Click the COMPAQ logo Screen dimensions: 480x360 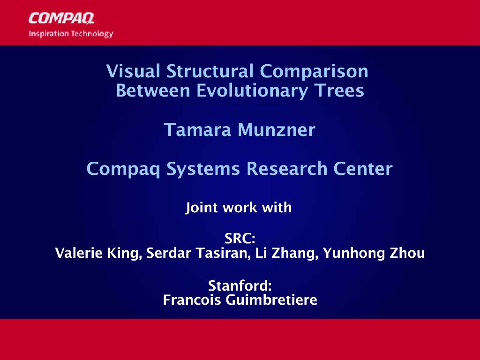point(61,18)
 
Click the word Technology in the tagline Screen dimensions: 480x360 point(92,34)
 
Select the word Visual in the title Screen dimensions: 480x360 point(133,71)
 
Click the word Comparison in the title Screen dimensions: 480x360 point(314,72)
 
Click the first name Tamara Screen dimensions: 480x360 point(197,130)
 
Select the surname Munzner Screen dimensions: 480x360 point(277,130)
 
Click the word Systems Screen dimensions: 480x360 point(203,169)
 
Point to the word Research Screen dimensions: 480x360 point(287,169)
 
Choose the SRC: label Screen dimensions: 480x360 point(240,239)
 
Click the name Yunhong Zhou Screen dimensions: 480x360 point(374,254)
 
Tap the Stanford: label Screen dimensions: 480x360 point(240,286)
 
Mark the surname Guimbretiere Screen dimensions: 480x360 point(271,300)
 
